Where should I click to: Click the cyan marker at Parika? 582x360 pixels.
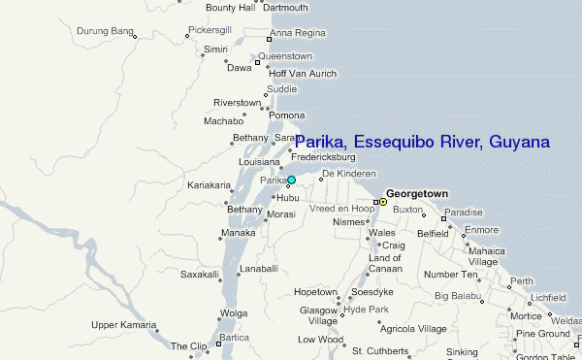pos(291,180)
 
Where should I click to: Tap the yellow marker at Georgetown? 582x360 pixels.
pos(382,202)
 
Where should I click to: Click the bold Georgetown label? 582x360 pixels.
pos(417,194)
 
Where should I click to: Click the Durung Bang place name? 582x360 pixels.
pos(105,32)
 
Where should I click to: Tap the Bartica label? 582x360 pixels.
pos(234,337)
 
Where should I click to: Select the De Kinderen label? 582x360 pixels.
pos(348,173)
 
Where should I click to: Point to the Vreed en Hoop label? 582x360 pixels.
pos(341,209)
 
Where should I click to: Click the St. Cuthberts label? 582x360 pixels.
pos(384,350)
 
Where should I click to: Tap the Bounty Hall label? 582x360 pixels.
pos(230,8)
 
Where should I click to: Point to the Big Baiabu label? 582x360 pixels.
pos(458,295)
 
